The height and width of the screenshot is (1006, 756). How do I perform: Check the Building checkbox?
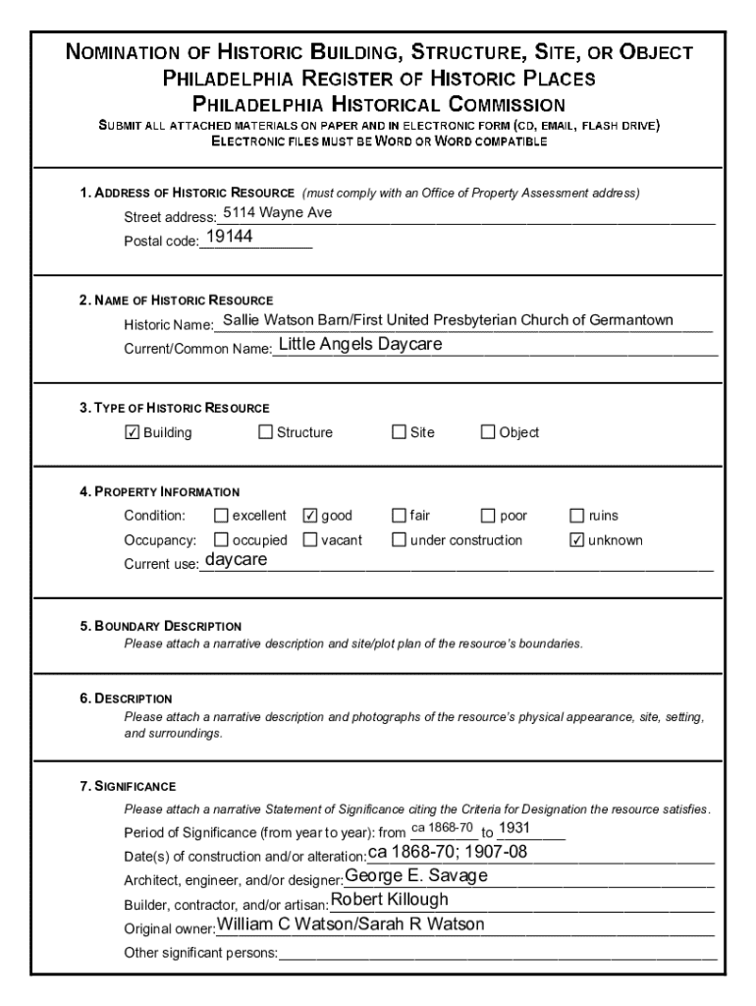[133, 432]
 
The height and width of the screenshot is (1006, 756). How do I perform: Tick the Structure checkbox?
[265, 432]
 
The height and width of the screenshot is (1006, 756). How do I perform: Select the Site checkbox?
[399, 432]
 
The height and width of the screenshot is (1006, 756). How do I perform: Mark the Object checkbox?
[488, 432]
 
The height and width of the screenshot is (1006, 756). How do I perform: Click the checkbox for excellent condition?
[221, 516]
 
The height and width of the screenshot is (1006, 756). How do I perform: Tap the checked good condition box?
[310, 516]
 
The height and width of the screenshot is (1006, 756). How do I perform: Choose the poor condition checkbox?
[488, 516]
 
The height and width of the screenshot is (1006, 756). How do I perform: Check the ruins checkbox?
[577, 516]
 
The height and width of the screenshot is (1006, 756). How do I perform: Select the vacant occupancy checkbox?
[310, 539]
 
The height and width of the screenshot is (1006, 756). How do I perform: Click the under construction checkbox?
[399, 539]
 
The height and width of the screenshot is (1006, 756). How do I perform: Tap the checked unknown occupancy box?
[577, 539]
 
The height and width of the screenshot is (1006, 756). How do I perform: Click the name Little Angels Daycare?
[360, 345]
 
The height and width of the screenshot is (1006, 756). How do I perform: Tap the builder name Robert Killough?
[390, 900]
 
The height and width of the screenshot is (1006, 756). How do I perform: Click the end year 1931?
[515, 828]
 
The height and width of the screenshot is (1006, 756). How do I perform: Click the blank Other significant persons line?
[497, 951]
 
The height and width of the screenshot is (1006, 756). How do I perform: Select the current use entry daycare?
[236, 560]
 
